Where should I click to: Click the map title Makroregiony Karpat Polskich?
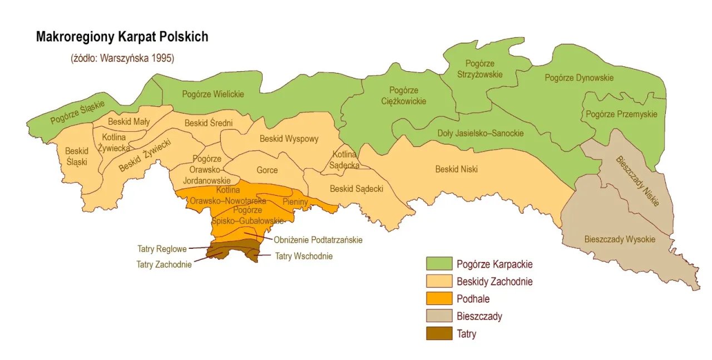122,37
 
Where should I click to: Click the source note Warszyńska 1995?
122,57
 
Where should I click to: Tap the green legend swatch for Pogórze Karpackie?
439,264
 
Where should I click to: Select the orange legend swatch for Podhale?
439,299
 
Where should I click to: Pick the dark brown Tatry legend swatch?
439,334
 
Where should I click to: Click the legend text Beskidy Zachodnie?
495,282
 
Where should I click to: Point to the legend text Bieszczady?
479,317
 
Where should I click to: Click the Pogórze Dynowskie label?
579,78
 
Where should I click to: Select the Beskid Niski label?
456,169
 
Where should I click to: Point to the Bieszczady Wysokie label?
620,240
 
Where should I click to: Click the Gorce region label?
267,170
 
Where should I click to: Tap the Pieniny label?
295,201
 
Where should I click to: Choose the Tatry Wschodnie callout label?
304,257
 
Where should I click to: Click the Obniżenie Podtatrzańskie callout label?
318,240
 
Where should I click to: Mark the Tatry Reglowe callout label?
162,249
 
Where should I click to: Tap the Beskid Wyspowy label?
289,139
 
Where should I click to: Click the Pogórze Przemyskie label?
621,114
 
